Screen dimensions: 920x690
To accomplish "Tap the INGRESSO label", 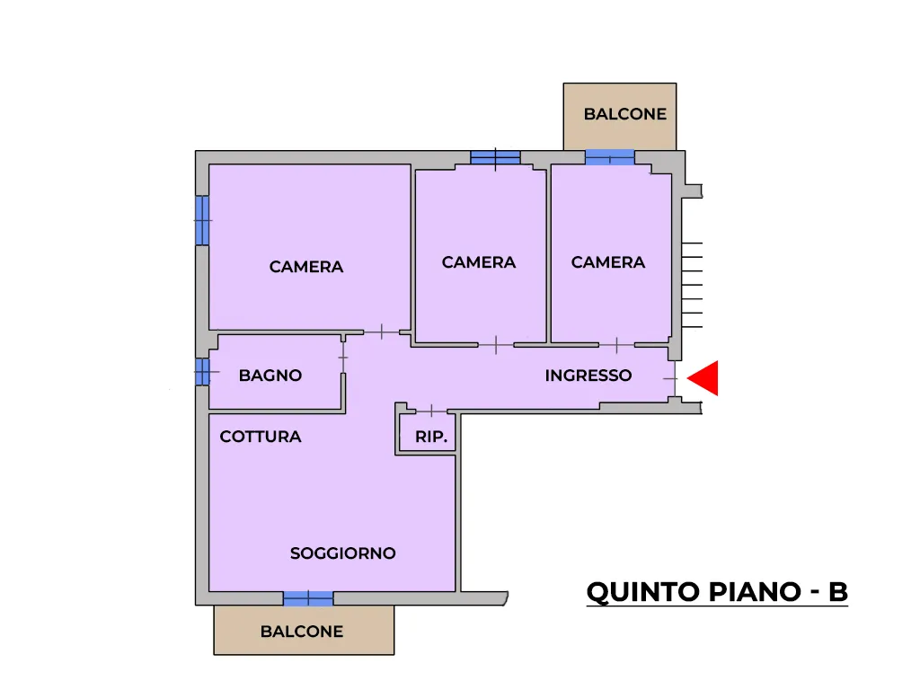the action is click(x=588, y=376).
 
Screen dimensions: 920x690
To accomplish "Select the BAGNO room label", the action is click(x=270, y=376).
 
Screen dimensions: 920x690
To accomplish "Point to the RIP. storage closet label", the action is click(x=431, y=438).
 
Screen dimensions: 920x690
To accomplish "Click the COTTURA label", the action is click(x=261, y=437).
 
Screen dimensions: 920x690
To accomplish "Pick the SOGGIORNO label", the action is click(x=342, y=553).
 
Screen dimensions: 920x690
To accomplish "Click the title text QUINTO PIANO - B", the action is click(x=717, y=592).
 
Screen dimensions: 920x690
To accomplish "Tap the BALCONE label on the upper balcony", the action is click(x=625, y=114).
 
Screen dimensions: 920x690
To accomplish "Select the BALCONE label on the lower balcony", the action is click(x=302, y=632).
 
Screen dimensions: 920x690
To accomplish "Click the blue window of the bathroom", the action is click(x=202, y=371).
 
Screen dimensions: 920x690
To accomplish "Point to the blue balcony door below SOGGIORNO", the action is click(x=308, y=598).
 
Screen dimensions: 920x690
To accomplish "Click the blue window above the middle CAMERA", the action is click(x=495, y=157).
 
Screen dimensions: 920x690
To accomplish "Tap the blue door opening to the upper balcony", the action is click(x=610, y=157).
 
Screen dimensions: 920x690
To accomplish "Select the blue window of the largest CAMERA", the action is click(x=202, y=220).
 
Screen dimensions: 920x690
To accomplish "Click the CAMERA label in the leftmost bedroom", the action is click(x=306, y=267).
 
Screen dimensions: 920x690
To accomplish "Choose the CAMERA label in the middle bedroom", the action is click(x=479, y=262).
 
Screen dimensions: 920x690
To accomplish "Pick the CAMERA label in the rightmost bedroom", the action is click(x=608, y=262).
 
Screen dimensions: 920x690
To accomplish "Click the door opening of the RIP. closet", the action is click(x=431, y=411).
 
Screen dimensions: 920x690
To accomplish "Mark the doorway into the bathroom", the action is click(x=343, y=357).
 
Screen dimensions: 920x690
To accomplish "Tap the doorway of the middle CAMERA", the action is click(x=496, y=345).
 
